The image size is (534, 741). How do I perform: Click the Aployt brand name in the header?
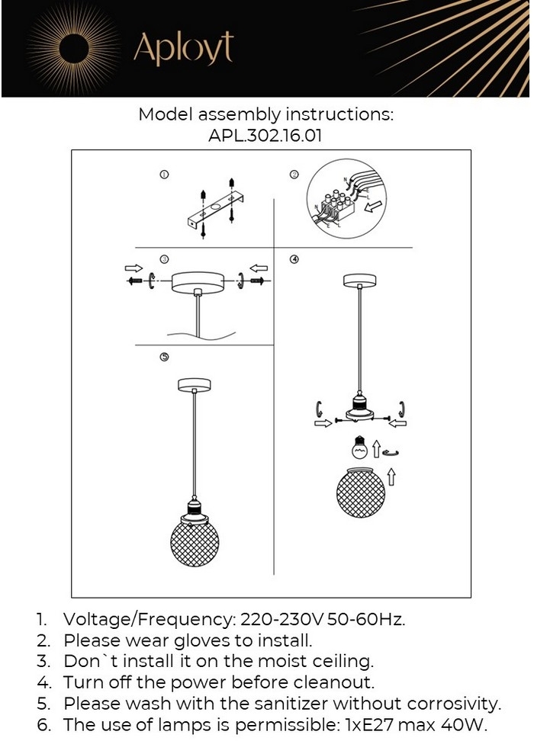click(183, 48)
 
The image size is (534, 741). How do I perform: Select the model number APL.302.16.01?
click(265, 137)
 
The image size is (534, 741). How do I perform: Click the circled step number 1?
click(164, 175)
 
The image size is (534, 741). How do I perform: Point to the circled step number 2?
click(294, 175)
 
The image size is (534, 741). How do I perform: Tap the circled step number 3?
click(164, 259)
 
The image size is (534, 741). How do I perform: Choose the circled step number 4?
click(294, 259)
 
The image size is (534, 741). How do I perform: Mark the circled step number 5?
click(164, 357)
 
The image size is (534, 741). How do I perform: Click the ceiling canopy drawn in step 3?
click(198, 281)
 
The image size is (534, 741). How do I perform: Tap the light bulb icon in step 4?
click(358, 447)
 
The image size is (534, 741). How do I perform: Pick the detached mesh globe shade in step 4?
click(360, 489)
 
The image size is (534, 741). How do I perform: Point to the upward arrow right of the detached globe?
click(391, 478)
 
